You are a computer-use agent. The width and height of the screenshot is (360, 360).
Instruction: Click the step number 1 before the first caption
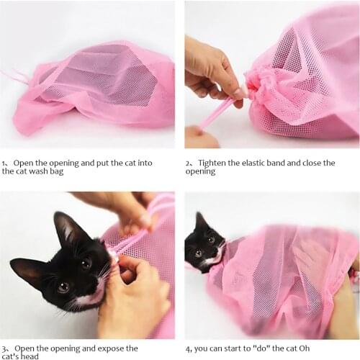pyautogui.click(x=4, y=163)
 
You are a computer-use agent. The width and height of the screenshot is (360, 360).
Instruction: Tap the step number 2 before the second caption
pyautogui.click(x=189, y=163)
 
